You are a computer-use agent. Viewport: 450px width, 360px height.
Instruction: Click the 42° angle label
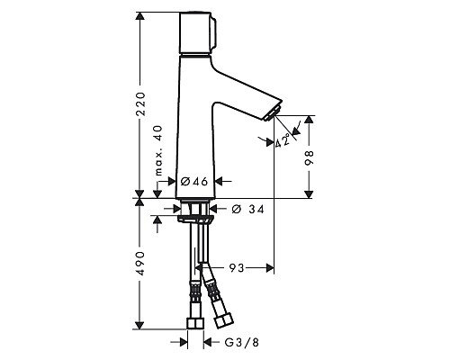pos(283,140)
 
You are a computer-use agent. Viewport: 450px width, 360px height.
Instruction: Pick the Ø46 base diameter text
pos(193,182)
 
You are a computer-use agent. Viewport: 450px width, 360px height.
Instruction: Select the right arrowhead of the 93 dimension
pos(267,267)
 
